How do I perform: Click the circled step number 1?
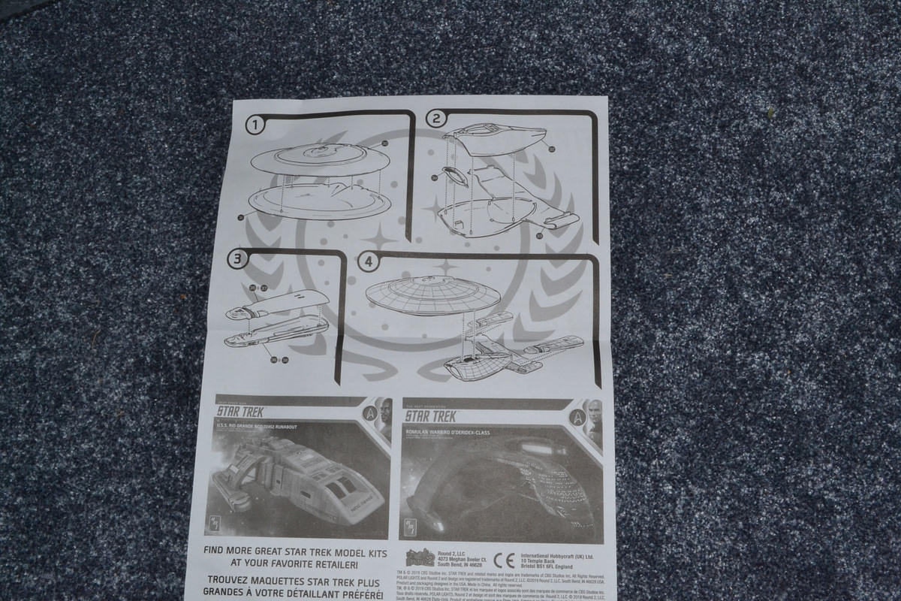point(256,125)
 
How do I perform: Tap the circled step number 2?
point(436,118)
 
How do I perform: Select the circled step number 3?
point(238,259)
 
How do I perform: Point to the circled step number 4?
point(368,262)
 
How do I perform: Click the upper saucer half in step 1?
point(320,159)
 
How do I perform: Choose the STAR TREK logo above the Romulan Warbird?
point(431,415)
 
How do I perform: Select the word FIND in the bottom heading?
point(219,550)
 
